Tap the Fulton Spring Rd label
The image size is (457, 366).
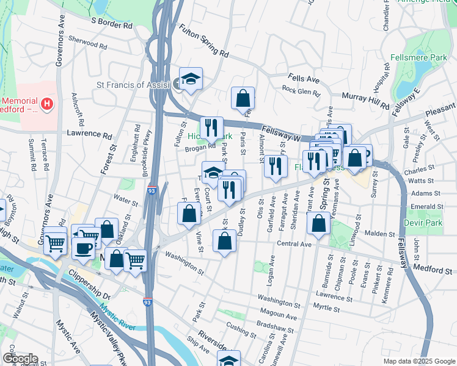[203, 40]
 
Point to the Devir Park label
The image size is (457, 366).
[422, 224]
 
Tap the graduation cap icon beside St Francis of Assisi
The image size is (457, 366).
[191, 79]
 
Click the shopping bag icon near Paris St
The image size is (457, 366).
[243, 98]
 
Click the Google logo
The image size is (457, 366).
[20, 359]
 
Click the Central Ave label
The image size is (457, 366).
[294, 244]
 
